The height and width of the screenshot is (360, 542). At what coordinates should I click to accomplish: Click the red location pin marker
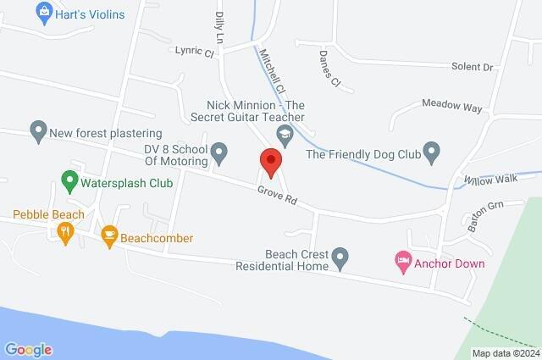pyautogui.click(x=270, y=161)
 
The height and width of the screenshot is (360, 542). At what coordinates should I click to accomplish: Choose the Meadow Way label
pyautogui.click(x=452, y=108)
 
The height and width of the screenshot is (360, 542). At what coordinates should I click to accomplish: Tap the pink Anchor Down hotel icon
pyautogui.click(x=403, y=263)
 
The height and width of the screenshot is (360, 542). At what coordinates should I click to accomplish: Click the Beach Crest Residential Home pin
pyautogui.click(x=340, y=256)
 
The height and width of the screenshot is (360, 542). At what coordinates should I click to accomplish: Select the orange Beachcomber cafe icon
pyautogui.click(x=108, y=237)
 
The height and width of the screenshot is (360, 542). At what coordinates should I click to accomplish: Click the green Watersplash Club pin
pyautogui.click(x=70, y=181)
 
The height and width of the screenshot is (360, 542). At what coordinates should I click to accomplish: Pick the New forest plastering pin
pyautogui.click(x=37, y=132)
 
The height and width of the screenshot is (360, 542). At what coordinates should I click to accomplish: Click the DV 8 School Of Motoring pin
pyautogui.click(x=219, y=154)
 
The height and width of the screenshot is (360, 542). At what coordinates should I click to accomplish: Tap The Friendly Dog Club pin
pyautogui.click(x=432, y=153)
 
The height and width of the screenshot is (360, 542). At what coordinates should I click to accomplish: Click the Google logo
pyautogui.click(x=28, y=349)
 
